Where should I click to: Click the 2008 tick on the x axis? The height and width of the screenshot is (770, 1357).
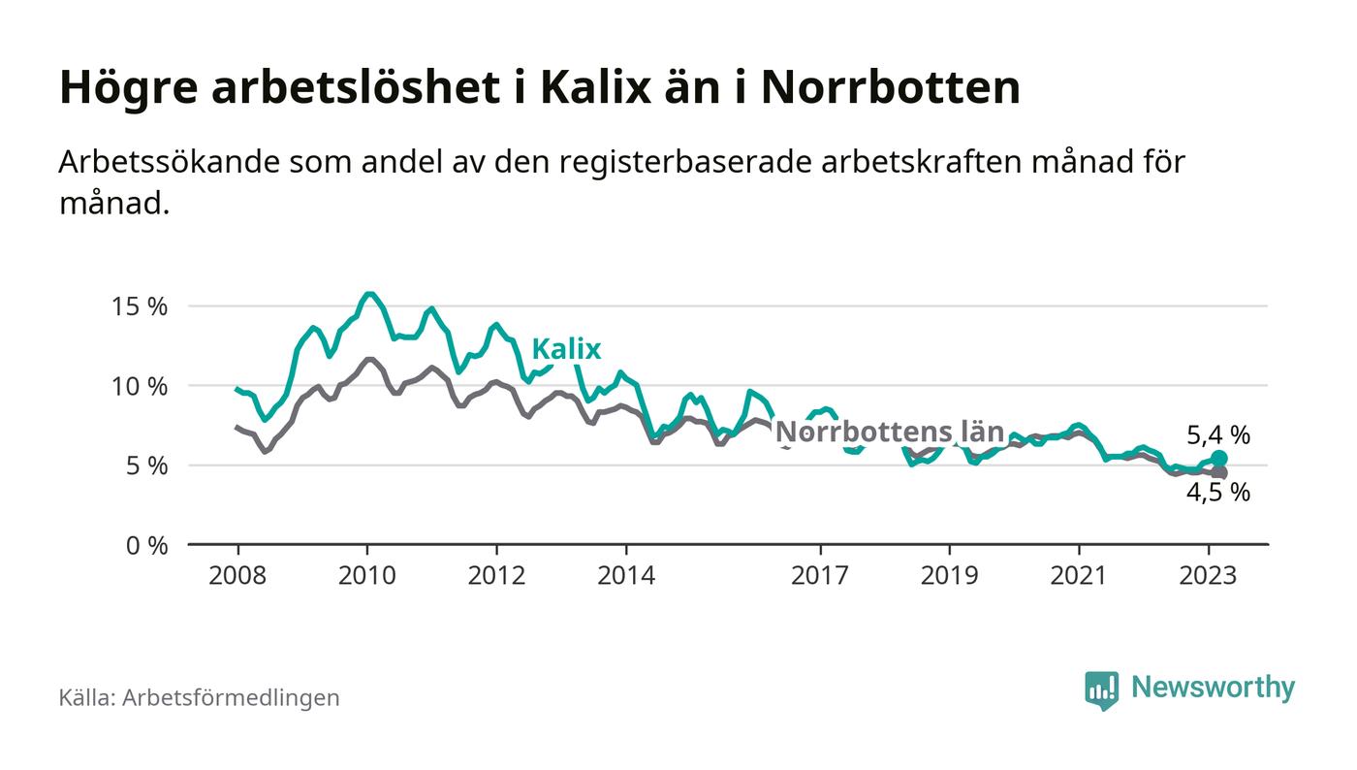coord(237,576)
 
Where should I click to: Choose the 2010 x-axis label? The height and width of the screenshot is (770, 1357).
coord(367,576)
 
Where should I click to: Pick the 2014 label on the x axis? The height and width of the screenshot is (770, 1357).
coord(626,576)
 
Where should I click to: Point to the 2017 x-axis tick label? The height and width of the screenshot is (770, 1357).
coord(820,576)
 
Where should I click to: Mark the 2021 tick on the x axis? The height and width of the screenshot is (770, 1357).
coord(1079,576)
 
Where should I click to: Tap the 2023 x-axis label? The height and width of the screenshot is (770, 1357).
coord(1209,576)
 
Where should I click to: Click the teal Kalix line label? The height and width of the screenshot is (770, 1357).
coord(566,349)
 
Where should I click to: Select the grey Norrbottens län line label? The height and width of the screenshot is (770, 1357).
coord(890,433)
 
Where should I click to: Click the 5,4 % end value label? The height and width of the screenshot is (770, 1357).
coord(1218,436)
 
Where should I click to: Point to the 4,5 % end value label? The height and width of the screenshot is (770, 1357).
coord(1218,493)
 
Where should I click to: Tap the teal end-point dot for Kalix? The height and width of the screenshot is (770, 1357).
coord(1219,458)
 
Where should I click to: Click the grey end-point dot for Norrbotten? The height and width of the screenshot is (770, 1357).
coord(1220,472)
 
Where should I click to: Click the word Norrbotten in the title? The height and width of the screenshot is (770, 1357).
coord(890,88)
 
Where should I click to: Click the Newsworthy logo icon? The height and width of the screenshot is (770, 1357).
coord(1101,690)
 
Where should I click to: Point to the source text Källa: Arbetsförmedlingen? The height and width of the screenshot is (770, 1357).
coord(199,697)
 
